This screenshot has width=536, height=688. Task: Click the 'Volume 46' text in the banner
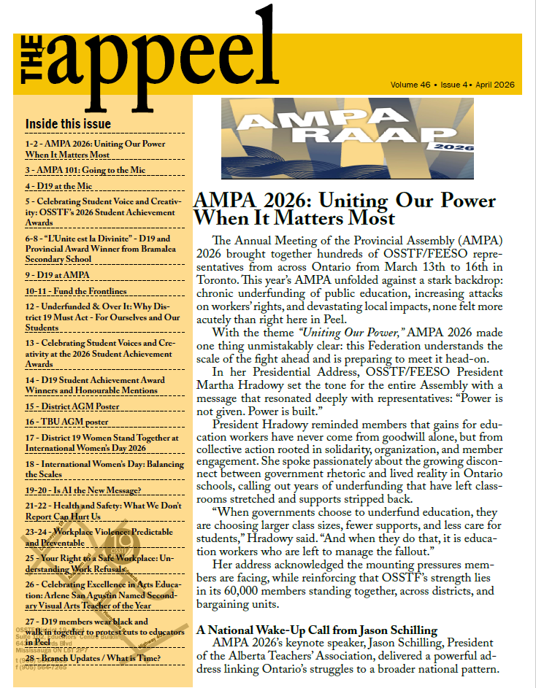pos(410,85)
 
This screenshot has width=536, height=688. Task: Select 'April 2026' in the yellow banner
pos(495,85)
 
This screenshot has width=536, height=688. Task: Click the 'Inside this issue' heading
pos(68,123)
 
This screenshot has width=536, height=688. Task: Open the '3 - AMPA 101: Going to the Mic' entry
pos(85,170)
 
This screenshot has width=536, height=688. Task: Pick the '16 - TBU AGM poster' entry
pos(72,422)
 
